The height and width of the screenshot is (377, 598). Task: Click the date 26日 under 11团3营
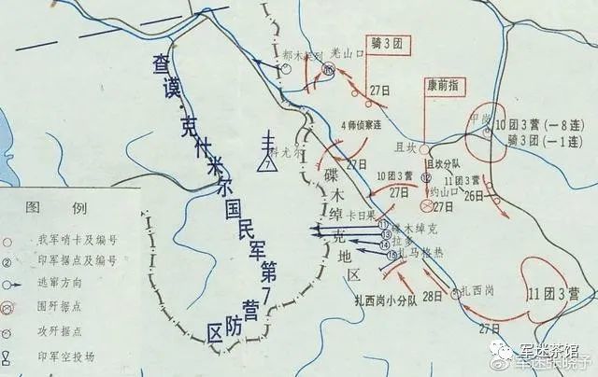[x=474, y=196]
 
